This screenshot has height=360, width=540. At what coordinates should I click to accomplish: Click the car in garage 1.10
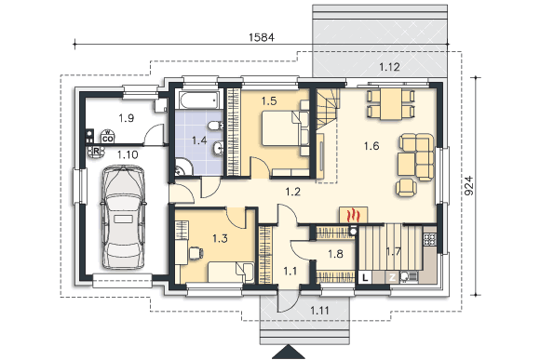(123, 217)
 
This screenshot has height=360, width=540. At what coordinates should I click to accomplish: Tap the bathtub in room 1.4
(197, 100)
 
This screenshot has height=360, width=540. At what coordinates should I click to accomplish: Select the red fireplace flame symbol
(354, 216)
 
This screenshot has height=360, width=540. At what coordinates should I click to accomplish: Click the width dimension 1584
(262, 37)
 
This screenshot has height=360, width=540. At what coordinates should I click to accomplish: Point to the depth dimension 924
(469, 186)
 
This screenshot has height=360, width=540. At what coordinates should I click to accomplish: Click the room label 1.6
(371, 146)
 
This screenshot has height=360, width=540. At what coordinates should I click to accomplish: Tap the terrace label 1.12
(389, 67)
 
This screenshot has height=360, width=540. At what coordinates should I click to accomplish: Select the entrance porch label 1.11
(319, 311)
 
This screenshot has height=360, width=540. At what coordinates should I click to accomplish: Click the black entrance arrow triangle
(289, 352)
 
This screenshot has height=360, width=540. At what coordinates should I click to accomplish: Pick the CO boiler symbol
(107, 137)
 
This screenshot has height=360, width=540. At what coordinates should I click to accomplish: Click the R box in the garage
(96, 151)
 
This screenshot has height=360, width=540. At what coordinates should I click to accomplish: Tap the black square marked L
(365, 277)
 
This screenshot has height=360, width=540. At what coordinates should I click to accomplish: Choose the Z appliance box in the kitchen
(392, 277)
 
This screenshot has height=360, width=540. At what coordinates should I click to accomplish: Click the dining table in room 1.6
(391, 104)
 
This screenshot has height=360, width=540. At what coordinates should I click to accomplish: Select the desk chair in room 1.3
(196, 253)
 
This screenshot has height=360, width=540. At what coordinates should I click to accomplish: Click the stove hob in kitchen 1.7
(429, 239)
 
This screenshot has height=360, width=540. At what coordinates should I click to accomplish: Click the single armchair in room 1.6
(406, 188)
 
